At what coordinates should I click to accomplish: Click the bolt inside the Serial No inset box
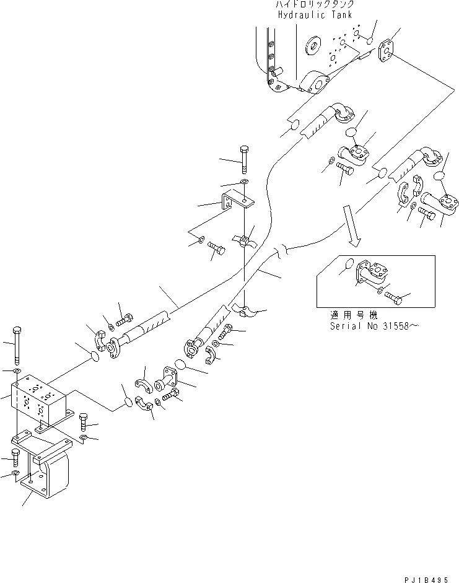pos(393,299)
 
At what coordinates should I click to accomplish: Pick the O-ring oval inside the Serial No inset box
pos(349,263)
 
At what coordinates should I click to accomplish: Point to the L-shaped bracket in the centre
pos(235,201)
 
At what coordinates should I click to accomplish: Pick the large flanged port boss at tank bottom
pos(315,82)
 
